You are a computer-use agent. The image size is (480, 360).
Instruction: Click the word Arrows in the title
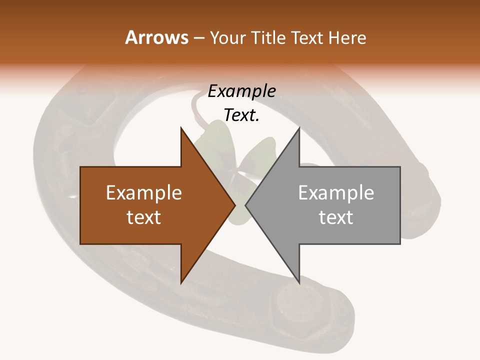pyautogui.click(x=156, y=37)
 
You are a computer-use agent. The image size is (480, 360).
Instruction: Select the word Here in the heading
pyautogui.click(x=347, y=37)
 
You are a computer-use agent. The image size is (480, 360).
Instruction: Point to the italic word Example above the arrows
pyautogui.click(x=242, y=91)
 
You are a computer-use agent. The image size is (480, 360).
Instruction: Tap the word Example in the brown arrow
pyautogui.click(x=144, y=192)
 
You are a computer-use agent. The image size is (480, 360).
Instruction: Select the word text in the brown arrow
pyautogui.click(x=144, y=217)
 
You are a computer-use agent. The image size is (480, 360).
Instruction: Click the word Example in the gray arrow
pyautogui.click(x=336, y=192)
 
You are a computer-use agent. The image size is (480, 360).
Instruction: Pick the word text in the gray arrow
pyautogui.click(x=336, y=217)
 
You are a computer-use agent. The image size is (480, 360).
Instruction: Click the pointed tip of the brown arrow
pyautogui.click(x=234, y=205)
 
